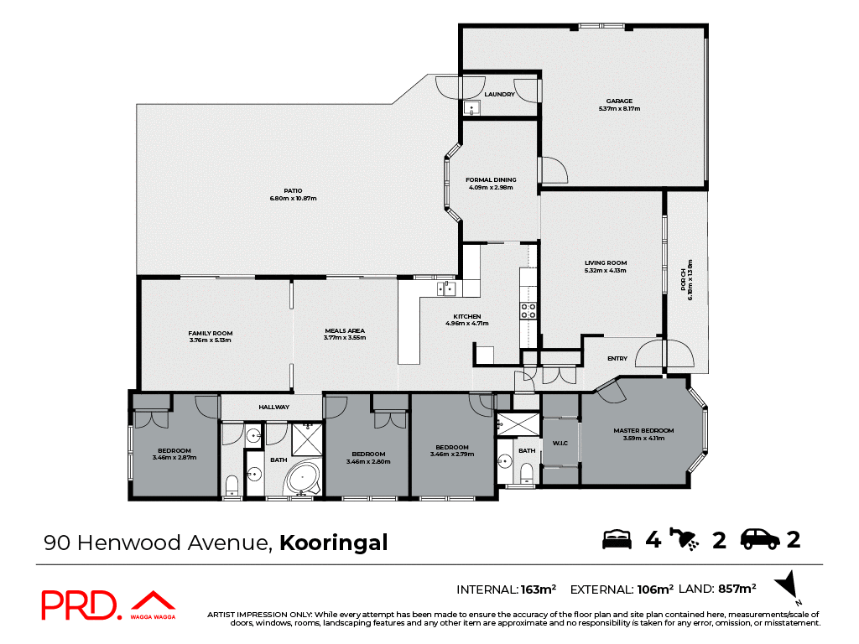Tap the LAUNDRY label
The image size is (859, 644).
coord(499,94)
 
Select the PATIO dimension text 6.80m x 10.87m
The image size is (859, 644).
coord(293,198)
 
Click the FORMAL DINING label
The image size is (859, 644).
coord(491,179)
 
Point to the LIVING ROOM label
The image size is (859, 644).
coord(606,263)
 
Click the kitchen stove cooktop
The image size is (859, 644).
coord(529,311)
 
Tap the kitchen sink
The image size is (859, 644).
coord(445,289)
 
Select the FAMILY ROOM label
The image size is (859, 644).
coord(211,334)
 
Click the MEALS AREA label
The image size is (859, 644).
coord(345,330)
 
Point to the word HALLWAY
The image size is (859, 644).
coord(273,407)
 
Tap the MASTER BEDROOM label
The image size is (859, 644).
coord(643,431)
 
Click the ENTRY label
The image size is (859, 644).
coord(617,359)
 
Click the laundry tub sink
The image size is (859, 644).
coord(472,107)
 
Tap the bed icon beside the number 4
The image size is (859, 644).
coord(617,539)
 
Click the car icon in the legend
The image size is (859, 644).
coord(761,539)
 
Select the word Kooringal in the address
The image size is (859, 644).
coord(333,543)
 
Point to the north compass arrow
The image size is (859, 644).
coord(787,584)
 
